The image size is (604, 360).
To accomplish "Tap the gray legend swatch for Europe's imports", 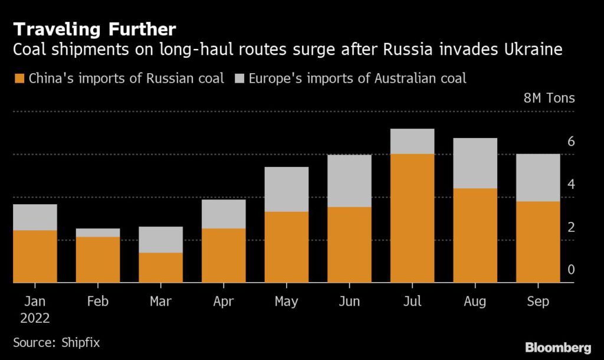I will [239, 78].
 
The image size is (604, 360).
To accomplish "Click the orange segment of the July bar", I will [412, 218].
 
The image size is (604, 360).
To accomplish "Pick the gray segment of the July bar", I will [412, 142].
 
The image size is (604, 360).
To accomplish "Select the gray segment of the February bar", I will [98, 233].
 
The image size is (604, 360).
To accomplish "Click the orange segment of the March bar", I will [160, 268].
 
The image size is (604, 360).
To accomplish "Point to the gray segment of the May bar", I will [286, 189].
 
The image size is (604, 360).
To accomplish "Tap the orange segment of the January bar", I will [35, 257].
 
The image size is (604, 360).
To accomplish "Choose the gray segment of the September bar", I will [538, 178].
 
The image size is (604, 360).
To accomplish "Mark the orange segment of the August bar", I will [475, 235].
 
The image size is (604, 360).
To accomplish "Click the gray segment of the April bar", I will [224, 214].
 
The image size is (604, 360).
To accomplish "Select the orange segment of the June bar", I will [349, 245].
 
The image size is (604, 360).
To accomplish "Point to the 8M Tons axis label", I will [549, 98].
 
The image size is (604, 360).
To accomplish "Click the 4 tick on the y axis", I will [571, 184].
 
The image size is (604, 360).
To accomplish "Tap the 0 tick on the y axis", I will [571, 270].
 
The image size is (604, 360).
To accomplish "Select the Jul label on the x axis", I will [412, 302].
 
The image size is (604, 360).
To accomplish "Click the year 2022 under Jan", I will [35, 318].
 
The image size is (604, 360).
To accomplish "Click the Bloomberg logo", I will [558, 346].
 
